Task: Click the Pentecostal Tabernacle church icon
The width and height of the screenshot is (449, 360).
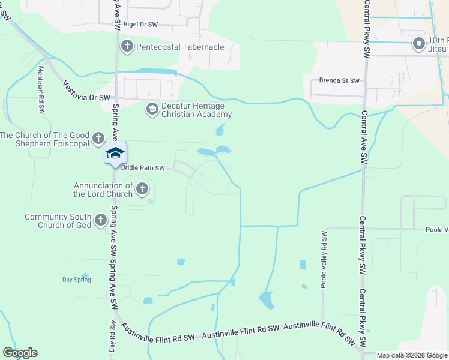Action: (127, 46)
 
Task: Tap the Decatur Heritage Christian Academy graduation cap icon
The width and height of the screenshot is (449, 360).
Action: (152, 109)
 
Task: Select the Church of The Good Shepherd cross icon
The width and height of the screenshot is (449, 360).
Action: (98, 140)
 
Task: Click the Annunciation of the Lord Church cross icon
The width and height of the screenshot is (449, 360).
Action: (142, 190)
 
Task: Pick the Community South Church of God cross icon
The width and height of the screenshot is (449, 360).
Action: (100, 221)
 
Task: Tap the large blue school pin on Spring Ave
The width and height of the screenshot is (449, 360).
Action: (115, 154)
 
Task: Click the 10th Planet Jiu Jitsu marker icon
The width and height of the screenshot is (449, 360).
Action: (419, 43)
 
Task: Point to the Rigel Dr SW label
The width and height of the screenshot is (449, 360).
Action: (142, 25)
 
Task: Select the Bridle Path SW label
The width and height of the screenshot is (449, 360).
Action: (143, 168)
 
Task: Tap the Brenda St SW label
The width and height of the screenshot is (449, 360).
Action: (339, 80)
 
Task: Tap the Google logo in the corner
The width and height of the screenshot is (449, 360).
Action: (20, 353)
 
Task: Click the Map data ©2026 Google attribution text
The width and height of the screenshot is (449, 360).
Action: (412, 355)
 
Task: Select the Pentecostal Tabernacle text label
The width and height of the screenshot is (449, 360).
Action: (180, 47)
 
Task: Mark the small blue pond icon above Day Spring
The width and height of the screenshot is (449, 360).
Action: (85, 276)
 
